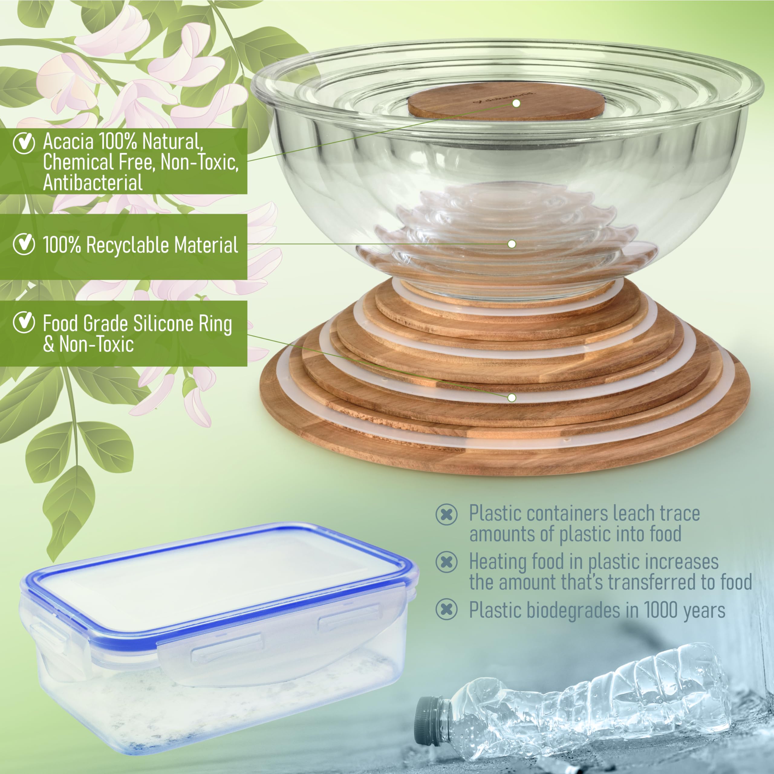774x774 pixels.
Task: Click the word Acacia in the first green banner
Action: (x=68, y=141)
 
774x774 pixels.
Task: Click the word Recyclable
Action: (x=128, y=245)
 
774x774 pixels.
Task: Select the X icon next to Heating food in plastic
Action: (x=446, y=562)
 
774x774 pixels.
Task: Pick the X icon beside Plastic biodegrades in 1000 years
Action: (x=446, y=610)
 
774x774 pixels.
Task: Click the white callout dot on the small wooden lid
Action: (x=516, y=103)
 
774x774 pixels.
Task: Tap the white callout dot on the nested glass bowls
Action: (x=512, y=244)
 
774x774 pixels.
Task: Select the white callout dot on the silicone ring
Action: (x=512, y=397)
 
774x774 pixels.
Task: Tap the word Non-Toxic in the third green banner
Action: (x=96, y=344)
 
